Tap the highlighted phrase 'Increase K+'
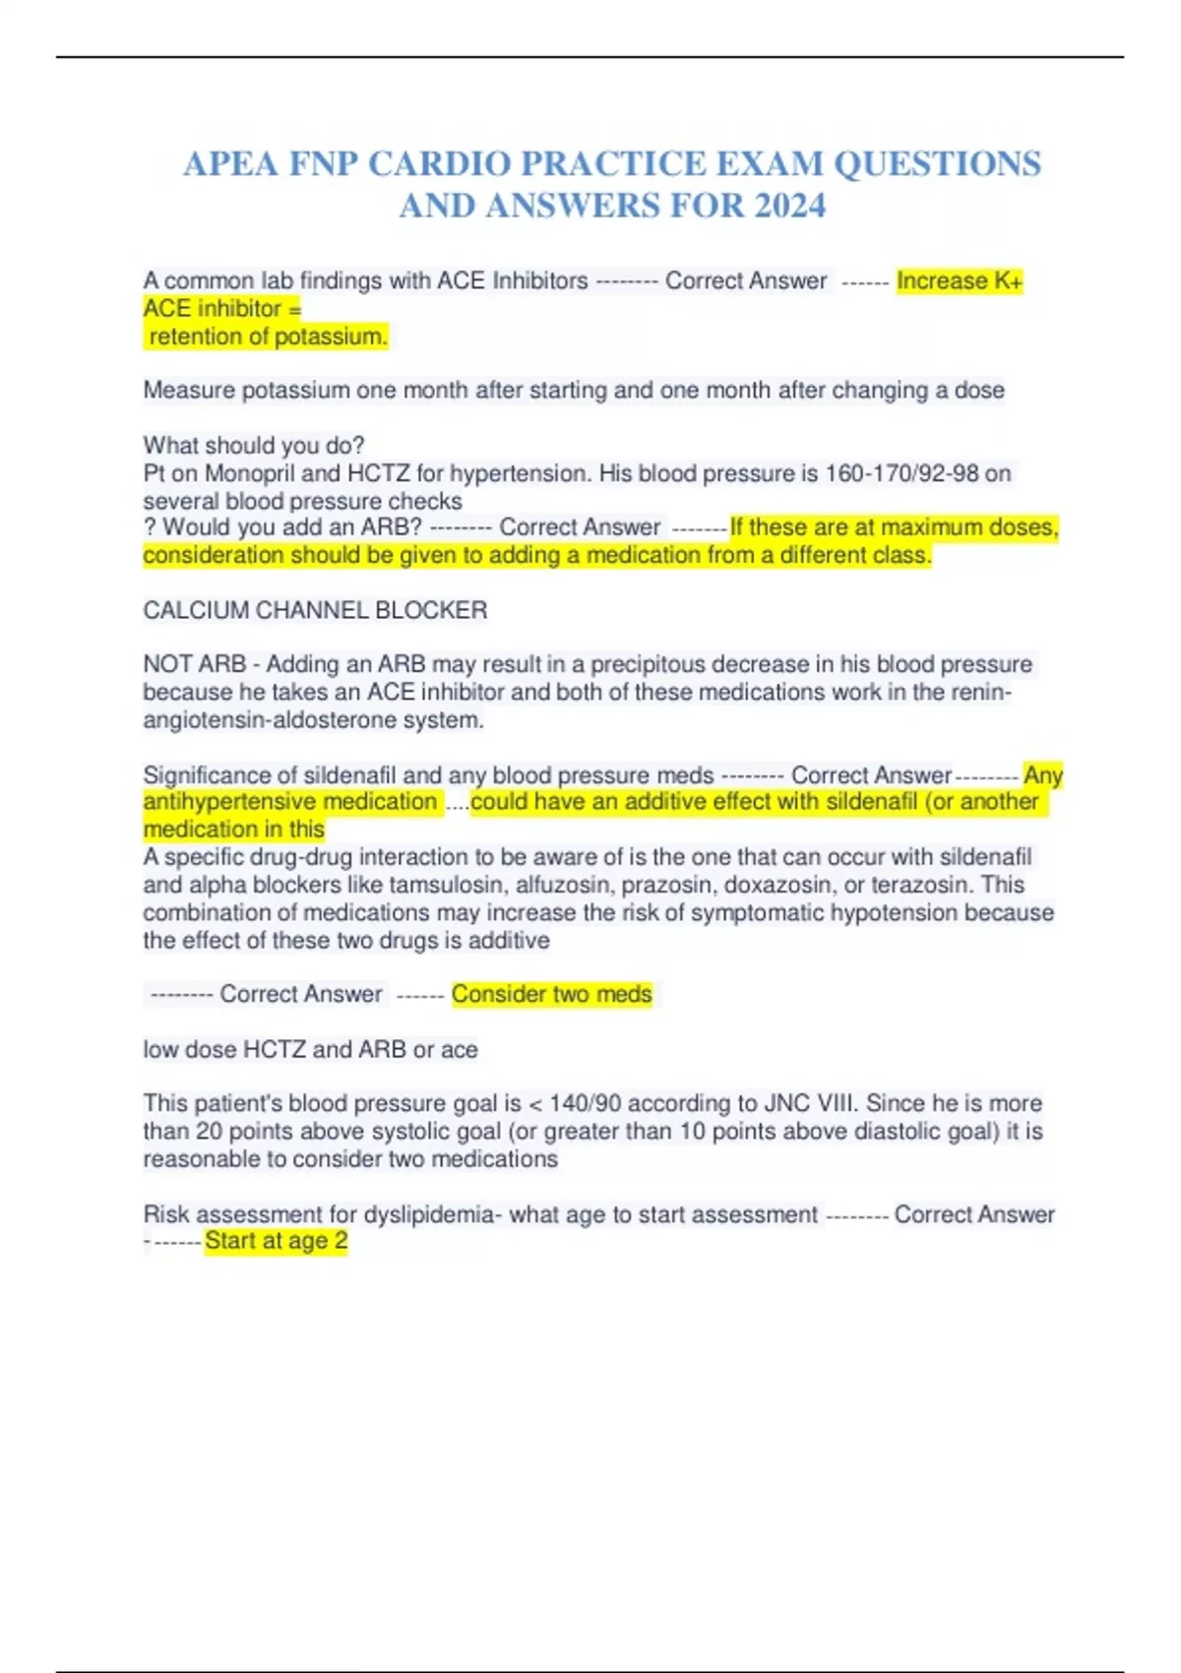960,281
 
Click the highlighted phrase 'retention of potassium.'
269,337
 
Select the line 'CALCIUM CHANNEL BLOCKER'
315,610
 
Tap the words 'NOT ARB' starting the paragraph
194,664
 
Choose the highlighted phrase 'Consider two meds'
551,994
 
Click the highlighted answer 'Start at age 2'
277,1241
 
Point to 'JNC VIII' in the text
807,1103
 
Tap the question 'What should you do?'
254,446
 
